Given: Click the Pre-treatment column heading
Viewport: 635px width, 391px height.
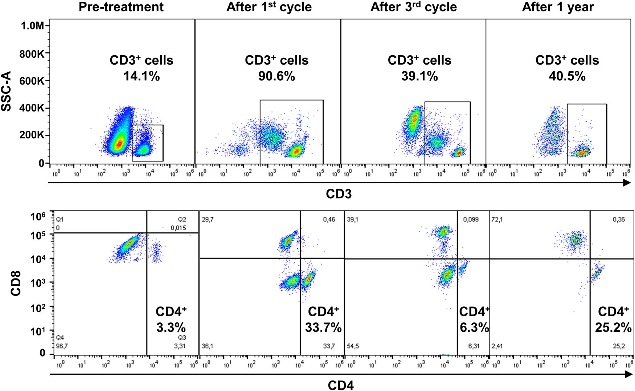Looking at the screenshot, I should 121,7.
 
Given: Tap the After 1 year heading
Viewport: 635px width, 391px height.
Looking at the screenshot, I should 558,7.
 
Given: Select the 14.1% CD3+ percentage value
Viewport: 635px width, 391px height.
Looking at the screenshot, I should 142,76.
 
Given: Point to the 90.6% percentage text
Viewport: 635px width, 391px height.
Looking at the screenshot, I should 276,76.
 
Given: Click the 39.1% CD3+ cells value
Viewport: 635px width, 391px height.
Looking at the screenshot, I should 419,76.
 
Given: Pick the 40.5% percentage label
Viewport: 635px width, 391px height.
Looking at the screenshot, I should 567,76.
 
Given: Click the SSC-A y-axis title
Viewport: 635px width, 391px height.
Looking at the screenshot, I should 7,91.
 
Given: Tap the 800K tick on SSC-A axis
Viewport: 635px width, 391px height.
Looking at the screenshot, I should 32,54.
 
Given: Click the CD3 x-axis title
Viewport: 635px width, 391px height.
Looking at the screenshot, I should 339,194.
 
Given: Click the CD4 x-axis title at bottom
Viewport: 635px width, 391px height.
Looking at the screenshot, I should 340,385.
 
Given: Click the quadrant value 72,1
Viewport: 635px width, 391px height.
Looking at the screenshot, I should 497,220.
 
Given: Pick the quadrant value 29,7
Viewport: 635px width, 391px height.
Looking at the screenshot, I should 208,220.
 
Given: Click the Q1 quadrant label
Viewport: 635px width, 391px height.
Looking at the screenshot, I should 60,220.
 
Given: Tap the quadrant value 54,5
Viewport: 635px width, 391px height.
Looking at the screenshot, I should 353,346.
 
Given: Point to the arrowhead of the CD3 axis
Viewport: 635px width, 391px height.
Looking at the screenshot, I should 627,183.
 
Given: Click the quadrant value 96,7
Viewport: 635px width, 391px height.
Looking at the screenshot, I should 62,346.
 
